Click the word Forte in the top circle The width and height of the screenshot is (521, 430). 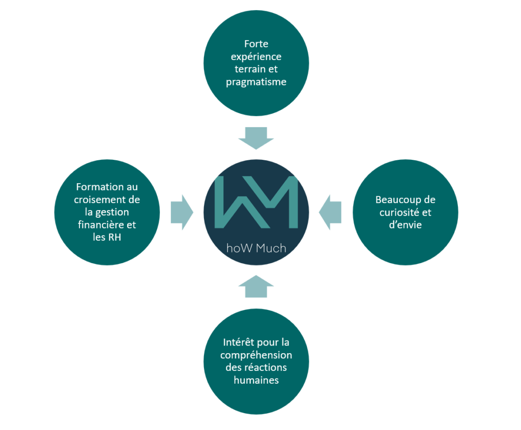256,44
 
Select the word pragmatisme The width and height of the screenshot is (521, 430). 256,82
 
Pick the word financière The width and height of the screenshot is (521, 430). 98,225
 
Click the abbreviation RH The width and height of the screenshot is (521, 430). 114,237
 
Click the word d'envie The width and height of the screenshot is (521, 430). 406,225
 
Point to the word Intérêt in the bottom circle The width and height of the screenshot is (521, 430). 238,342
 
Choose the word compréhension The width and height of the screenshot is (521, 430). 256,356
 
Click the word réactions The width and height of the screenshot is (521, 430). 266,367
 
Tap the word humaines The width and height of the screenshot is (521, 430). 256,380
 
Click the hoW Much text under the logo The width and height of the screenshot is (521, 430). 256,248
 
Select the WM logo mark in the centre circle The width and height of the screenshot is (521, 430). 256,202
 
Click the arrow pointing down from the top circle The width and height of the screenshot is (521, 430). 256,138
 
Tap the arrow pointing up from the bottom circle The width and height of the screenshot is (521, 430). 256,286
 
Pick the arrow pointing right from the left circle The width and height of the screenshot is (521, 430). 182,212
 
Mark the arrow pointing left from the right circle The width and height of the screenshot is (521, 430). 330,212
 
